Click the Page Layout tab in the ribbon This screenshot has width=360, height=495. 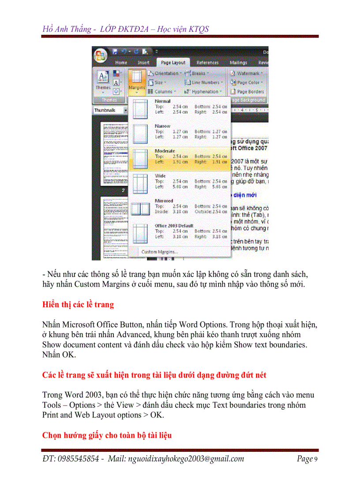(x=172, y=63)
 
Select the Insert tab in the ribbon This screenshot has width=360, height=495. (x=143, y=63)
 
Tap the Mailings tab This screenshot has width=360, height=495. (x=238, y=63)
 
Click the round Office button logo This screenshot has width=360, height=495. (x=101, y=56)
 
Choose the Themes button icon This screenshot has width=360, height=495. (x=103, y=79)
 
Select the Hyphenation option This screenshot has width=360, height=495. (x=204, y=92)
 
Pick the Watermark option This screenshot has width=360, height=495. (x=248, y=73)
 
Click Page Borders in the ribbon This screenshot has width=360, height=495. (x=250, y=92)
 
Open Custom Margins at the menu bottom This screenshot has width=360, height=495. (x=160, y=252)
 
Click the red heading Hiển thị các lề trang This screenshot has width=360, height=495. (x=78, y=304)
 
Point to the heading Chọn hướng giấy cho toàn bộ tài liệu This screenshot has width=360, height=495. (x=107, y=435)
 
